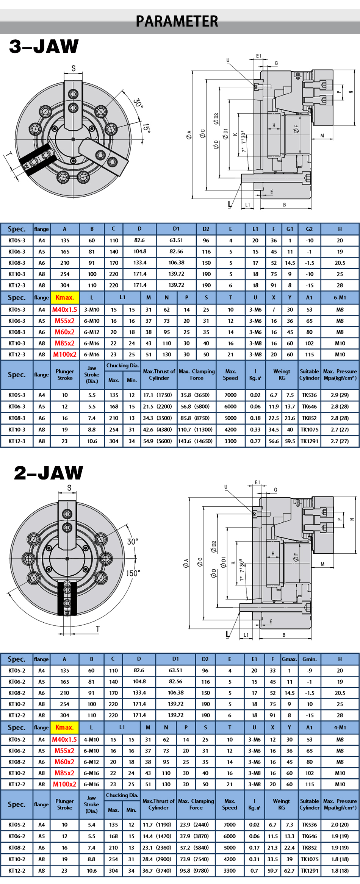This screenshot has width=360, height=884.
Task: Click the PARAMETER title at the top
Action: click(x=177, y=21)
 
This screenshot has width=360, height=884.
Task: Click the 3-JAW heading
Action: click(x=44, y=46)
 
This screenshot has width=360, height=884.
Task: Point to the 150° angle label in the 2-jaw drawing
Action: click(x=133, y=573)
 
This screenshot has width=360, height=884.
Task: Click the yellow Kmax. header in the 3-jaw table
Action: click(x=64, y=297)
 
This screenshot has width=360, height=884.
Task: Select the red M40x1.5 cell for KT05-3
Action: click(x=64, y=309)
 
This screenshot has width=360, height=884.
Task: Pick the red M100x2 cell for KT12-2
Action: click(x=64, y=784)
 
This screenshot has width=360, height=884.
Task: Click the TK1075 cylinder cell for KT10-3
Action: click(x=309, y=430)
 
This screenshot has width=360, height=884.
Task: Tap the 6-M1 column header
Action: click(x=340, y=297)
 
